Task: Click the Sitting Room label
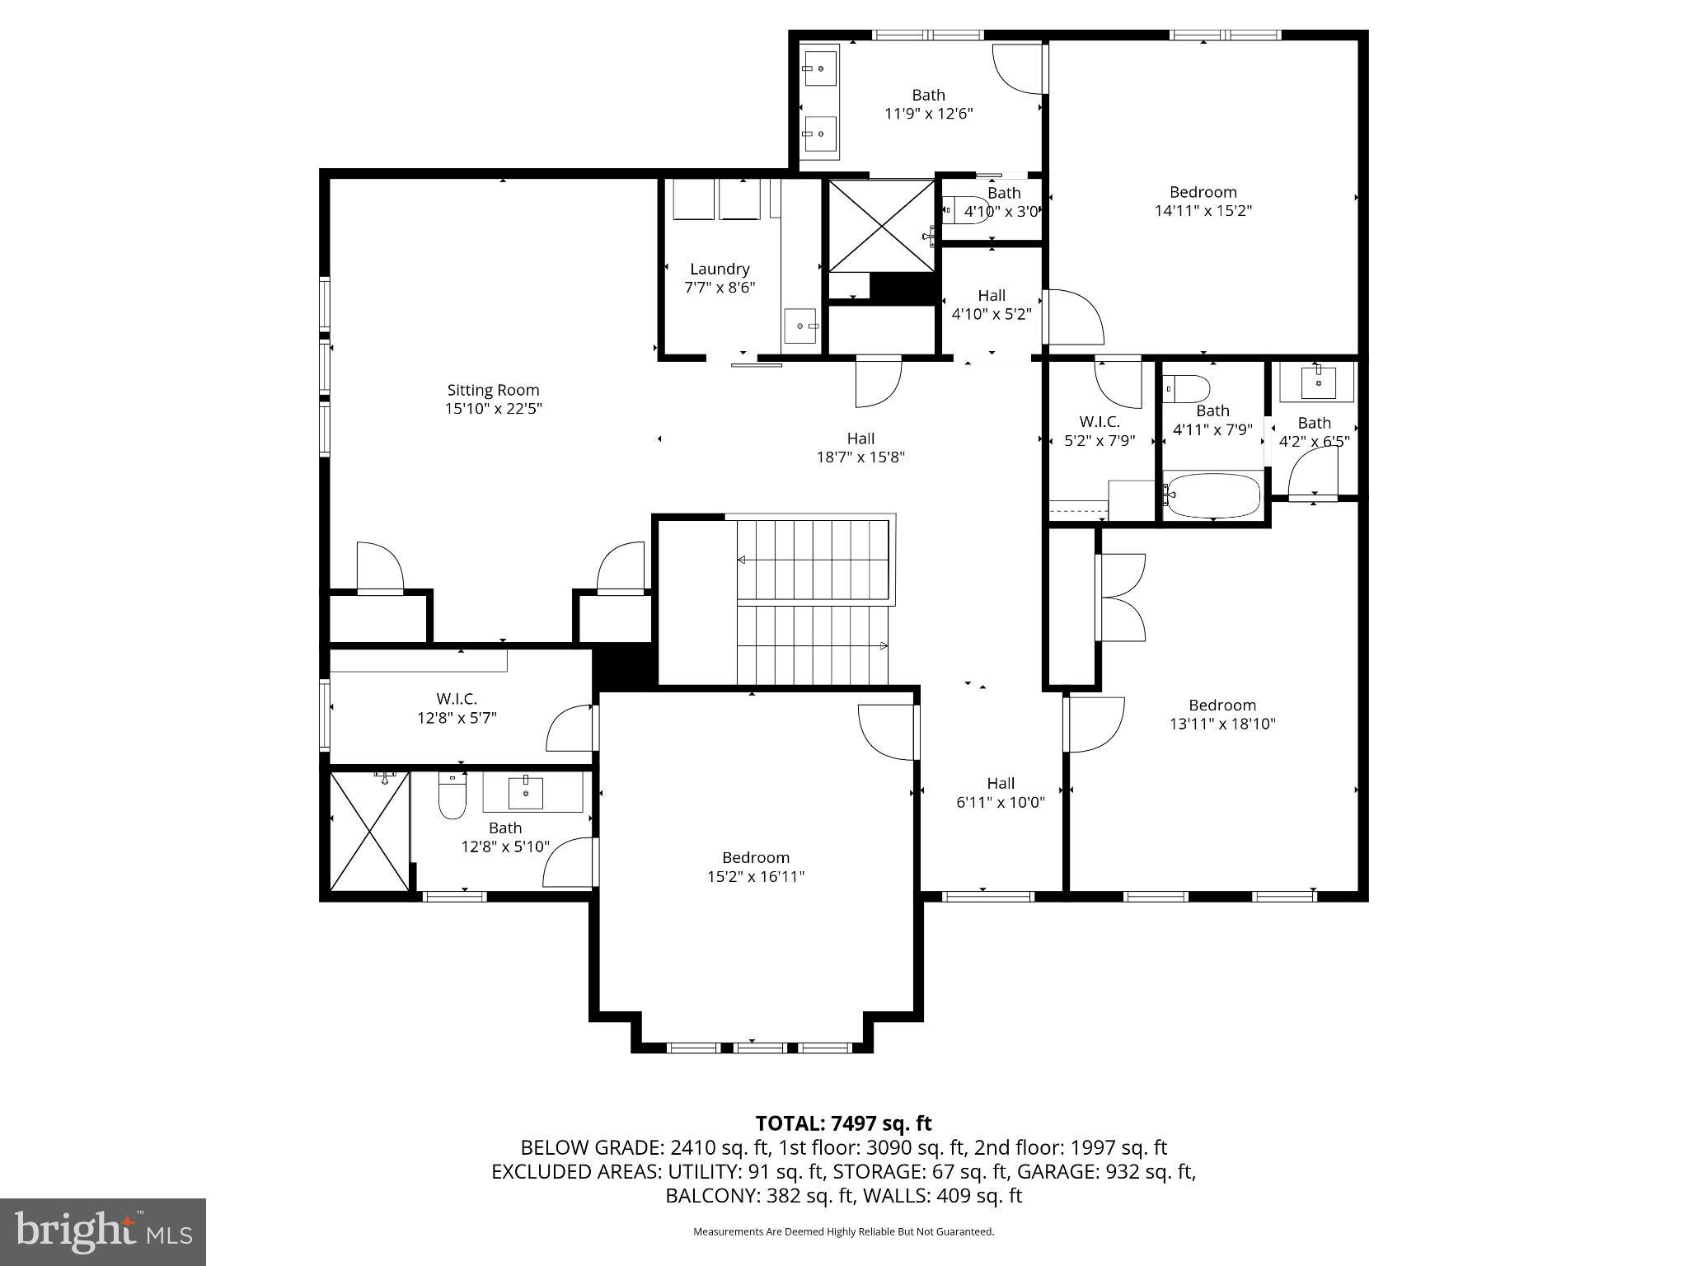(x=493, y=390)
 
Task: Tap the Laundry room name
(x=720, y=269)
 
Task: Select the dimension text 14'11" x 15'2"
(x=1203, y=211)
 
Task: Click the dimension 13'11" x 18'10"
(x=1222, y=724)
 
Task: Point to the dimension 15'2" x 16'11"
(x=756, y=876)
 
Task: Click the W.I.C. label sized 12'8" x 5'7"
(x=457, y=699)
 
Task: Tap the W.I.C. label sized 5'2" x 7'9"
(x=1100, y=421)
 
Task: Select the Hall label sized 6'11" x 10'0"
(x=1001, y=783)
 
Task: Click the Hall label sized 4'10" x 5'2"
(x=992, y=295)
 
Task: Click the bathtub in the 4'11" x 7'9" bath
(x=1212, y=495)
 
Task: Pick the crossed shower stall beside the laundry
(x=882, y=225)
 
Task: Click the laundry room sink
(x=800, y=326)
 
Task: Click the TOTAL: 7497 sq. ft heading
(x=843, y=1123)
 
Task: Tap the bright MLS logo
(x=103, y=1231)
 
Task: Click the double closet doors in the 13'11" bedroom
(x=1121, y=598)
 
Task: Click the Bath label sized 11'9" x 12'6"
(x=928, y=95)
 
